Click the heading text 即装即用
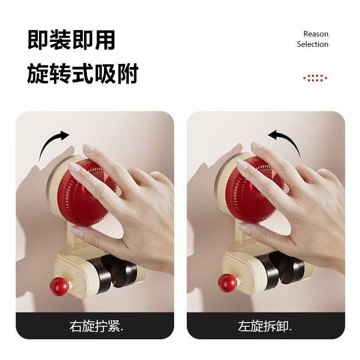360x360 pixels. (x=71, y=40)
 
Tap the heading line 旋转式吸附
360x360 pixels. (x=82, y=74)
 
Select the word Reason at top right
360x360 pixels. (x=315, y=34)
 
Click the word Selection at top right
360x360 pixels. (x=312, y=44)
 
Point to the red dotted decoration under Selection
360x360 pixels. (x=315, y=78)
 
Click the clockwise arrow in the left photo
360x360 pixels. (x=54, y=144)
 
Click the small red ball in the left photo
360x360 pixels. (x=59, y=286)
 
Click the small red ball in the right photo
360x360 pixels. (x=227, y=283)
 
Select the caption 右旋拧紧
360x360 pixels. (x=96, y=326)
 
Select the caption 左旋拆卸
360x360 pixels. (x=265, y=326)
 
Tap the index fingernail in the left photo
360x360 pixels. (x=89, y=148)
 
